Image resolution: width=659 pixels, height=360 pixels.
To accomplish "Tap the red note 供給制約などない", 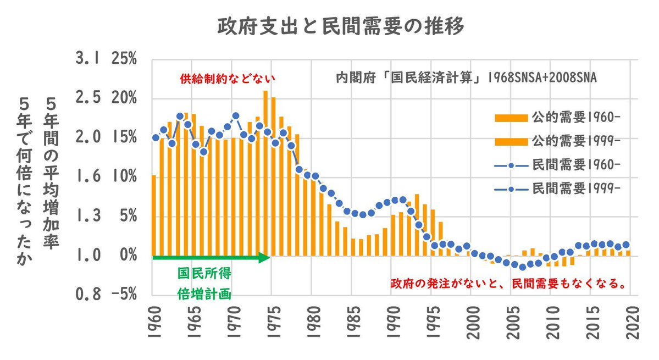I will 227,79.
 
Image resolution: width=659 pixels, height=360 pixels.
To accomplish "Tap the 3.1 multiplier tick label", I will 87,59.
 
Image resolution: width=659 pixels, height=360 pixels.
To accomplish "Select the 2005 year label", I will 511,319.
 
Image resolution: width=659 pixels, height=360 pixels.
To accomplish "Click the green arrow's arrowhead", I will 265,258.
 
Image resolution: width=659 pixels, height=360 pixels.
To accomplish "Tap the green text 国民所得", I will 203,274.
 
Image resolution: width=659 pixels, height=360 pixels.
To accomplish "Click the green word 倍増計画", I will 203,293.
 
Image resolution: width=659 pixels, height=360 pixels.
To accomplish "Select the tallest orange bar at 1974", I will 265,173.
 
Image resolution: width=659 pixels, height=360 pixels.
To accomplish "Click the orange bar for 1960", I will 154,215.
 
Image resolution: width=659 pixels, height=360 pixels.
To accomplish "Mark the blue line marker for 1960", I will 156,138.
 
